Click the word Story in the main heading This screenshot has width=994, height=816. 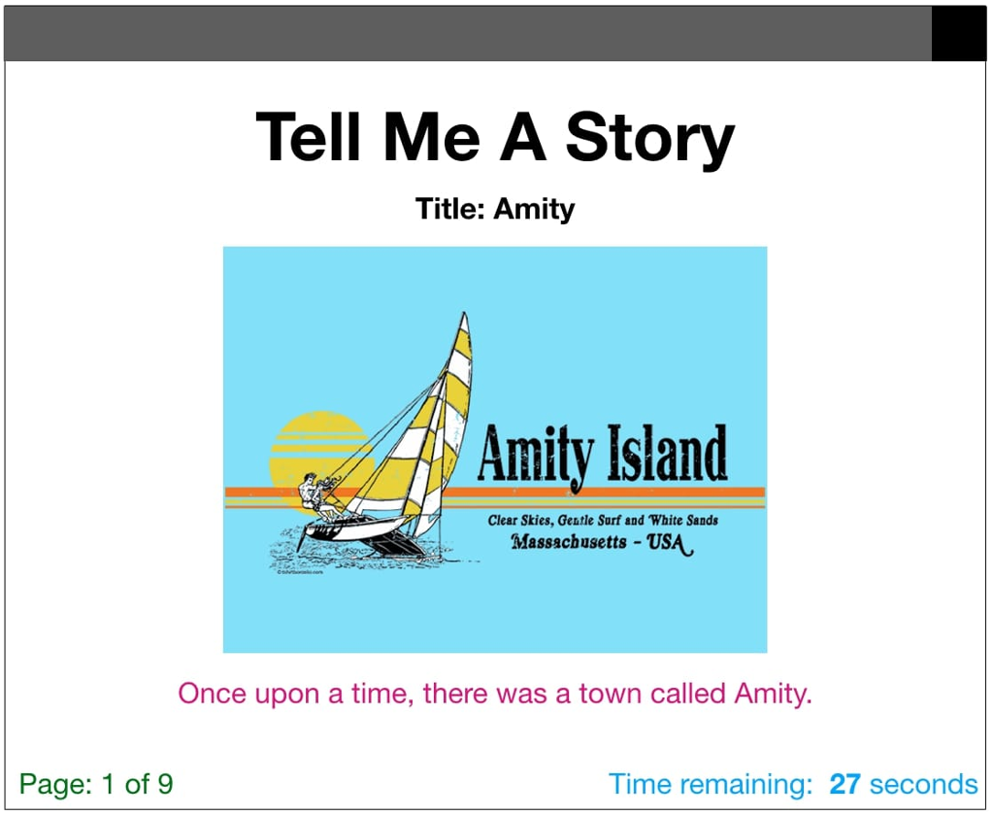[x=650, y=137]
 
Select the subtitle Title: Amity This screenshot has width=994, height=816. [x=495, y=209]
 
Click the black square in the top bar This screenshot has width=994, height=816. [x=959, y=34]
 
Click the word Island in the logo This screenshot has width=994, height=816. [x=667, y=456]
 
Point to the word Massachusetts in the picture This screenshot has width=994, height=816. [x=568, y=542]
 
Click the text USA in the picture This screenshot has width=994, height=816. [x=668, y=542]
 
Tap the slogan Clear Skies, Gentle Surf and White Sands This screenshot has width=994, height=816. [x=603, y=521]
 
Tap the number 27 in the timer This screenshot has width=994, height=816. [x=845, y=784]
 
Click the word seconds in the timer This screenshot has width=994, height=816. [x=923, y=784]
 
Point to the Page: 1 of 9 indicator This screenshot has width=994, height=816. [x=96, y=784]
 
